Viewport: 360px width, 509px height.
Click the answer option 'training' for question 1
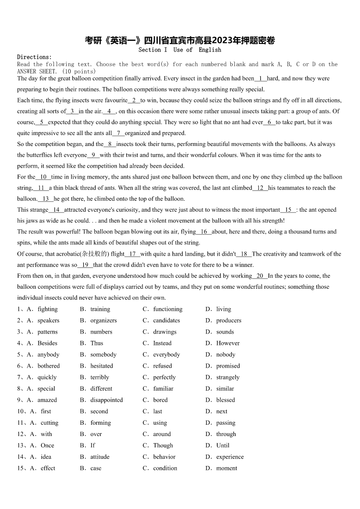[x=100, y=309]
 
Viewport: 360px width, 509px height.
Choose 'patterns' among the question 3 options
[x=48, y=332]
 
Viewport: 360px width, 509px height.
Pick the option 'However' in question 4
[x=228, y=343]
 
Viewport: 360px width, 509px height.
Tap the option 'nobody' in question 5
[x=225, y=354]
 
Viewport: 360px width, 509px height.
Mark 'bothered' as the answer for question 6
[x=49, y=366]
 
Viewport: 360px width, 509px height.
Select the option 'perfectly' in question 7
[x=164, y=377]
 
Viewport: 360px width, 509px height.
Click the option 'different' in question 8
[x=101, y=388]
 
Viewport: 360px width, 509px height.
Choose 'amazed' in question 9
[x=47, y=400]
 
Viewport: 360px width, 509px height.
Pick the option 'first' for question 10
[x=46, y=411]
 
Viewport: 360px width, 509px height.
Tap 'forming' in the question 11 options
[x=100, y=422]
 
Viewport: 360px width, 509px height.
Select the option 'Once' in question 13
[x=47, y=445]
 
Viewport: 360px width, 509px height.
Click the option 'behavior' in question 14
[x=164, y=456]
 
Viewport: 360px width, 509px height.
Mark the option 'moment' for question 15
[x=226, y=468]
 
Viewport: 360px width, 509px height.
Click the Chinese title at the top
[x=180, y=41]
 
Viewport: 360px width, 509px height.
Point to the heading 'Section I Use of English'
[x=180, y=50]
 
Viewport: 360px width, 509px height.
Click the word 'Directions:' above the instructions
[x=34, y=57]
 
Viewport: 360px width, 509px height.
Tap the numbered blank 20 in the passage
[x=260, y=276]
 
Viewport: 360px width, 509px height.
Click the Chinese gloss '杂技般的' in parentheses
[x=93, y=254]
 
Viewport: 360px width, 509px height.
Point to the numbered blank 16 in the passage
[x=204, y=232]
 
